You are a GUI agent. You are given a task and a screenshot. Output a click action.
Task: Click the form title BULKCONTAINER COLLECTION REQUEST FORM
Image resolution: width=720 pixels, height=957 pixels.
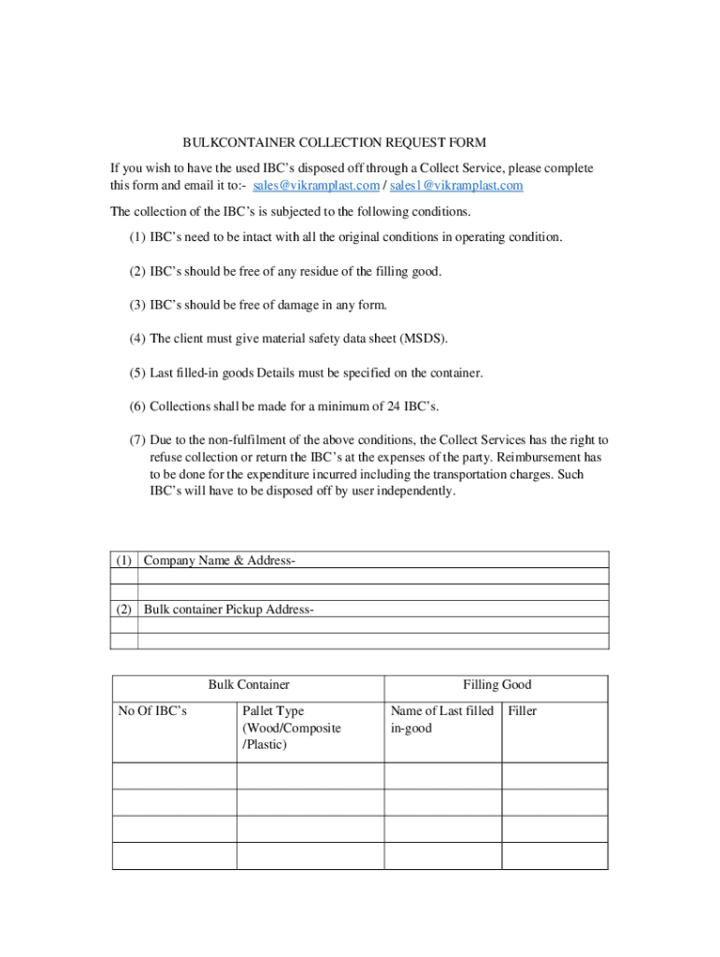(334, 143)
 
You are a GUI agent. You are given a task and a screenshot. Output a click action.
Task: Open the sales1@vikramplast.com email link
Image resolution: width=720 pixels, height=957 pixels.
(455, 186)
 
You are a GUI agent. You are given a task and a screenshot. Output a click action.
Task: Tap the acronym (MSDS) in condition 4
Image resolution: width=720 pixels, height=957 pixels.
(409, 338)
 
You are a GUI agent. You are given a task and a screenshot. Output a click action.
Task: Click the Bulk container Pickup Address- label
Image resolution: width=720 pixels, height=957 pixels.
(228, 609)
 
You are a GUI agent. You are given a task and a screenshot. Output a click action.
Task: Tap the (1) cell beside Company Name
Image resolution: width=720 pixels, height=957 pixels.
(123, 560)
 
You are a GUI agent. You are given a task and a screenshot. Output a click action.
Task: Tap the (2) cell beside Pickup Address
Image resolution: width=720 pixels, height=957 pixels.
(123, 609)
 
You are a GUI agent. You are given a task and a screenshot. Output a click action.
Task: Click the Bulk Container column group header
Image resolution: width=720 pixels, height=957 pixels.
(248, 685)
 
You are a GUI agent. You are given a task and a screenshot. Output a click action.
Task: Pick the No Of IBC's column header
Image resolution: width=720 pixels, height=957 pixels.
(152, 711)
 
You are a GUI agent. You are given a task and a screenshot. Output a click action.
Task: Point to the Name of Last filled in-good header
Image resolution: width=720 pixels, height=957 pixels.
(441, 720)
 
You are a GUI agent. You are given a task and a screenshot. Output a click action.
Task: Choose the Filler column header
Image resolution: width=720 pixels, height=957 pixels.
(522, 711)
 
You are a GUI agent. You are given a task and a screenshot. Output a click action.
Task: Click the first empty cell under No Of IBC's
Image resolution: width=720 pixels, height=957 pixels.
(174, 776)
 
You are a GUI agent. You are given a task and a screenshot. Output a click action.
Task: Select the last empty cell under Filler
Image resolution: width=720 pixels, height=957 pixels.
(554, 855)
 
